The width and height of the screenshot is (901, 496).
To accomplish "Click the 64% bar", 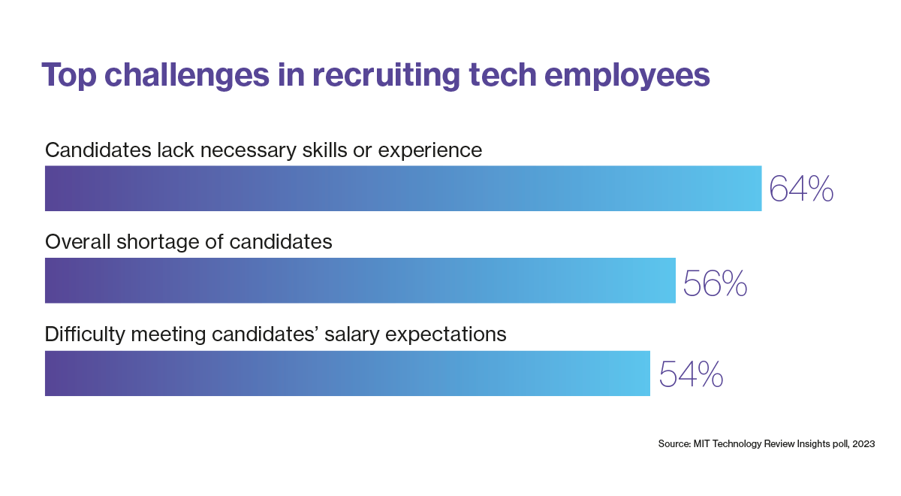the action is pyautogui.click(x=403, y=189).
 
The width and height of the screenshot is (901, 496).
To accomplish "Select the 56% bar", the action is pyautogui.click(x=360, y=280).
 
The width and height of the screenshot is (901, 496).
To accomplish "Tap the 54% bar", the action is pyautogui.click(x=347, y=374).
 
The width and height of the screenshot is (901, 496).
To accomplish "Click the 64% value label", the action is pyautogui.click(x=801, y=189).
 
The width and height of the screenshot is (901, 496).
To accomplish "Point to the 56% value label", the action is pyautogui.click(x=715, y=283).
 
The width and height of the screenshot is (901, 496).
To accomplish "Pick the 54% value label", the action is pyautogui.click(x=691, y=374).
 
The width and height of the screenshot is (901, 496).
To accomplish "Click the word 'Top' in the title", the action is pyautogui.click(x=69, y=75).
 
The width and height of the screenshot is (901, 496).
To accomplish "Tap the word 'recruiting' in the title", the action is pyautogui.click(x=386, y=75).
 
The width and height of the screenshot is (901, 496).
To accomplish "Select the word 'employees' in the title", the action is pyautogui.click(x=627, y=75).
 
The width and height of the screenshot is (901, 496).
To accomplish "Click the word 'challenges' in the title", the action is pyautogui.click(x=187, y=75).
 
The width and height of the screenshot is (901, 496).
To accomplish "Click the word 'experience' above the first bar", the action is pyautogui.click(x=430, y=151).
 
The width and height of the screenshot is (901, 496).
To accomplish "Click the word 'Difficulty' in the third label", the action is pyautogui.click(x=85, y=334).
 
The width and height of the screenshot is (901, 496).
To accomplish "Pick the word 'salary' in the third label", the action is pyautogui.click(x=351, y=334).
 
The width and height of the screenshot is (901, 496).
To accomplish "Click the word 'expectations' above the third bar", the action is pyautogui.click(x=446, y=334).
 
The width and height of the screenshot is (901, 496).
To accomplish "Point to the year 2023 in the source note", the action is pyautogui.click(x=863, y=443).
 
